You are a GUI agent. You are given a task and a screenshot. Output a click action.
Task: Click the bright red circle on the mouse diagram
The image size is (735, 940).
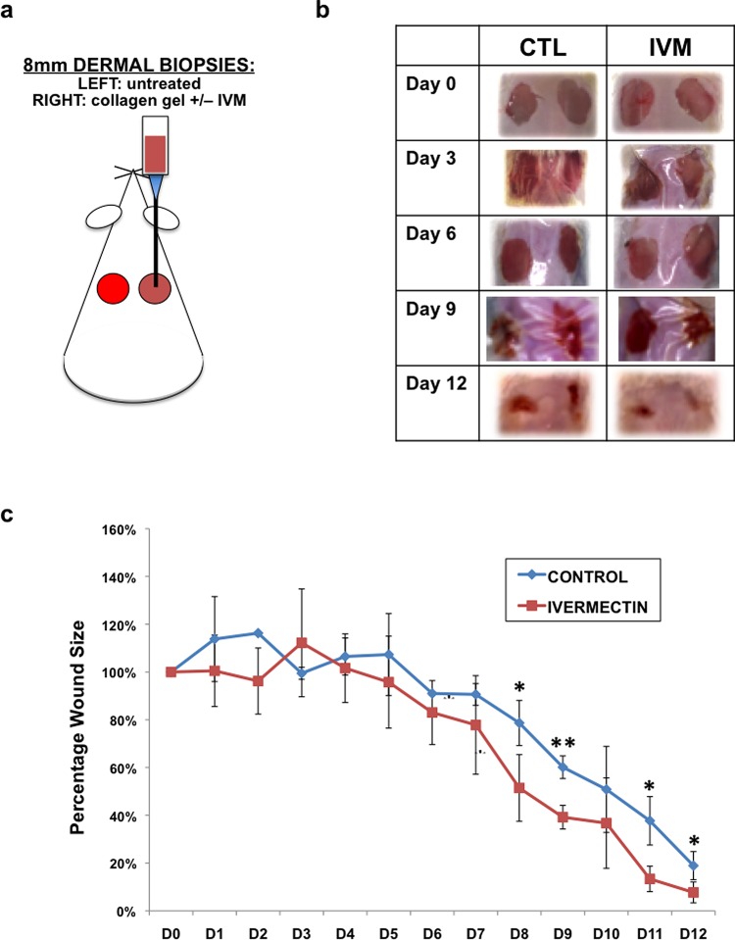click(113, 288)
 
